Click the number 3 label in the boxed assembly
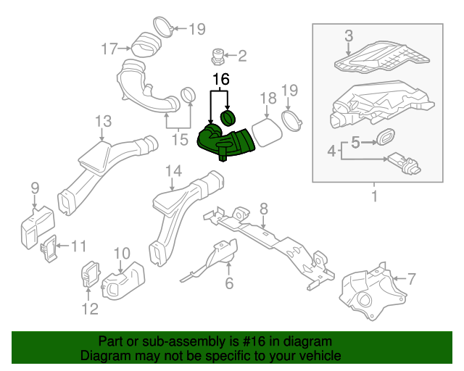click(x=349, y=36)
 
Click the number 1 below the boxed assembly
click(x=375, y=196)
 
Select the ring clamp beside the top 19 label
click(x=165, y=29)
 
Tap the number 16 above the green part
click(x=220, y=76)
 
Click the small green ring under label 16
click(x=229, y=117)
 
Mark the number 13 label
click(x=102, y=121)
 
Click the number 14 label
click(x=173, y=171)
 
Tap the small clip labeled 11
click(x=49, y=249)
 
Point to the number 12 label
click(x=88, y=310)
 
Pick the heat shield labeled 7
click(x=366, y=290)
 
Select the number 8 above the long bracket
click(x=263, y=209)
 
